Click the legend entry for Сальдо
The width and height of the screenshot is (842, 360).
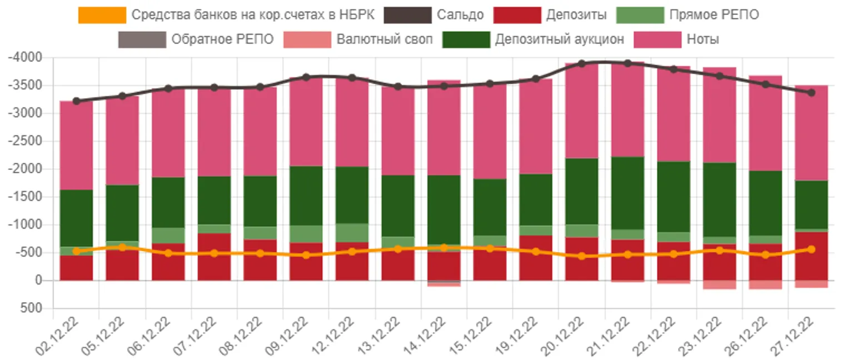460,15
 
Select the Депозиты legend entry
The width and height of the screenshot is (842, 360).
576,15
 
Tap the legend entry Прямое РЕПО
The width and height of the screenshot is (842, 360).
714,15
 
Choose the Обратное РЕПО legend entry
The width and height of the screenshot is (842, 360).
222,39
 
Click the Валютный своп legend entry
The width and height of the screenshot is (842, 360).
384,39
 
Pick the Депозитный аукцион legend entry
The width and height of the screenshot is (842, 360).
560,39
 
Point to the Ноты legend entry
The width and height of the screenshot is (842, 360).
703,39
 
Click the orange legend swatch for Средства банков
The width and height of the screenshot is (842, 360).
102,15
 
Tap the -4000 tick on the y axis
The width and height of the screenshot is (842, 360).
26,58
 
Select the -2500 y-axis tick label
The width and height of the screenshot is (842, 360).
26,141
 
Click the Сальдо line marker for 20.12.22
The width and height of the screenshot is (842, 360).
582,64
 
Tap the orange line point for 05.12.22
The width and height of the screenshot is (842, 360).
122,247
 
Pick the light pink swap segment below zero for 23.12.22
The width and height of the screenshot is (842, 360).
720,284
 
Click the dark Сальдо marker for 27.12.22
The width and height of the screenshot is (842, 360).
811,93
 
